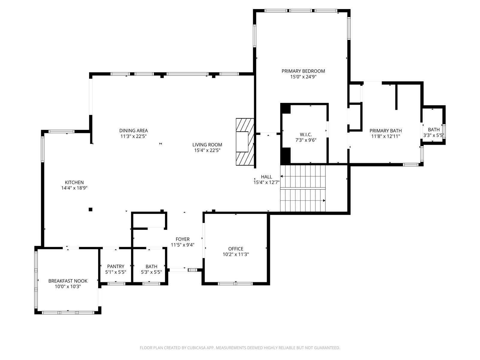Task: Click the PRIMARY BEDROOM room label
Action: point(303,71)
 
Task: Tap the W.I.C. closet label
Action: point(306,134)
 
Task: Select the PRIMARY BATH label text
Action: point(385,131)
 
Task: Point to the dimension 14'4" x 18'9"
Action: point(74,188)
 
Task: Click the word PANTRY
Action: point(116,266)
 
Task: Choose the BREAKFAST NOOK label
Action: point(68,281)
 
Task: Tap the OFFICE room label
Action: point(236,249)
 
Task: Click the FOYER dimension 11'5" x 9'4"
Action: point(183,245)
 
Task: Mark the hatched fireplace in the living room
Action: point(245,142)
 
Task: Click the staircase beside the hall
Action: point(303,188)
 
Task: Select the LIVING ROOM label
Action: point(207,145)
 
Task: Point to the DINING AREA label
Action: point(133,131)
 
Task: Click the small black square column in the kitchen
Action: point(91,209)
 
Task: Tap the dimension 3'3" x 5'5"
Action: point(433,135)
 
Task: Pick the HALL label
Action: point(266,177)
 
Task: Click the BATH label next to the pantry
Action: point(151,267)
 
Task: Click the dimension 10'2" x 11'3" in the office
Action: point(236,254)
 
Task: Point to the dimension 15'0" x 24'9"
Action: point(303,77)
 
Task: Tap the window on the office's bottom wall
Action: point(235,284)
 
